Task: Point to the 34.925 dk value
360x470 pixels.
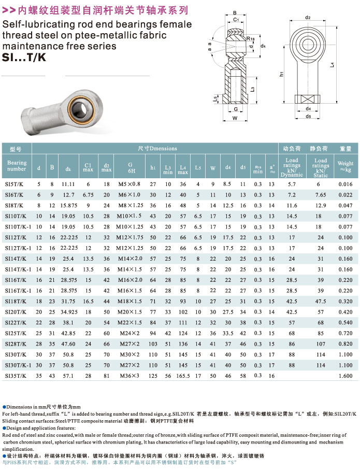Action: coord(68,312)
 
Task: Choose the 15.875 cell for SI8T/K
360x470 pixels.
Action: coord(68,205)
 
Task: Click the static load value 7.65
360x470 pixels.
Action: coord(321,194)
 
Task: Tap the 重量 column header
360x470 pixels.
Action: coord(345,148)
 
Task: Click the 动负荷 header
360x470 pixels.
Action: coord(292,148)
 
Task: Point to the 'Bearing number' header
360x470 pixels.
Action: coord(17,166)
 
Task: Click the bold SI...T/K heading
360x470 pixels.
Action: coord(24,58)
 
